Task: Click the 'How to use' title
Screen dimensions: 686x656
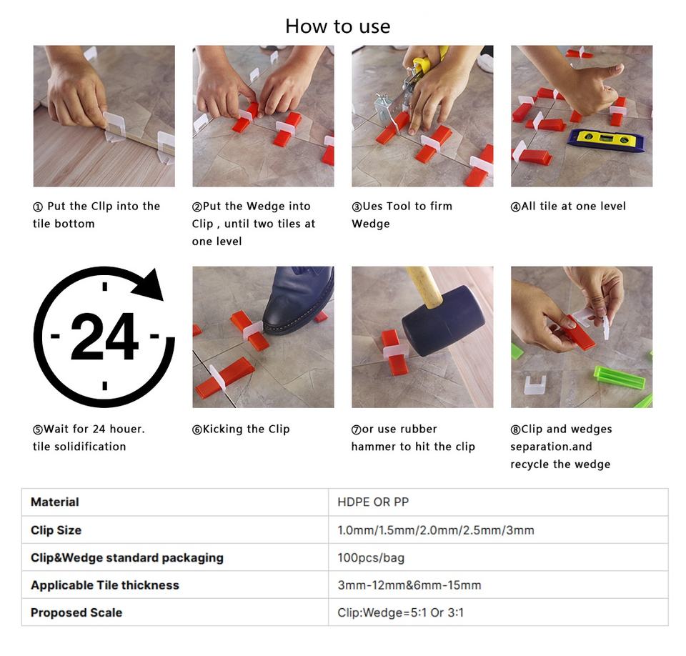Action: pyautogui.click(x=338, y=26)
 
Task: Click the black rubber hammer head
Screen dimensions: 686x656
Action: pyautogui.click(x=443, y=322)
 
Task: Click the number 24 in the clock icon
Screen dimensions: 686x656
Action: pyautogui.click(x=104, y=337)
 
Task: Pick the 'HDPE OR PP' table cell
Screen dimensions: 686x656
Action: pyautogui.click(x=373, y=502)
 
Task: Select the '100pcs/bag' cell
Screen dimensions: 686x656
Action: pyautogui.click(x=371, y=557)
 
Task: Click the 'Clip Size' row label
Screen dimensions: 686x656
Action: pyautogui.click(x=56, y=530)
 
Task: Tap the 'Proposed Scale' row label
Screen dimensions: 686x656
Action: pyautogui.click(x=76, y=612)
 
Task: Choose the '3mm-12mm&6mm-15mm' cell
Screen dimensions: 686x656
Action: pyautogui.click(x=409, y=585)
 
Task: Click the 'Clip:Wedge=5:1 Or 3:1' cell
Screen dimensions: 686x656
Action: pyautogui.click(x=400, y=612)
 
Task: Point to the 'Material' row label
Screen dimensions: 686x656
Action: pyautogui.click(x=55, y=502)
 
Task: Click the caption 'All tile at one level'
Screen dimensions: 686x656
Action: pyautogui.click(x=573, y=206)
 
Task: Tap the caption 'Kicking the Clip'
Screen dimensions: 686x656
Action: pyautogui.click(x=247, y=429)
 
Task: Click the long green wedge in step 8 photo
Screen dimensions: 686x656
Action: pyautogui.click(x=619, y=377)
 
